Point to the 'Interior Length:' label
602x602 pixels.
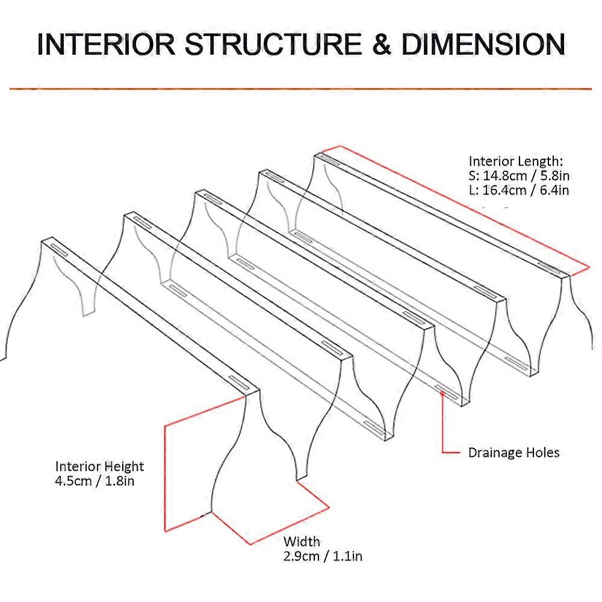(x=516, y=161)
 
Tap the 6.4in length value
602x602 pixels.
(x=553, y=190)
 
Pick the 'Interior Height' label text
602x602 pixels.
(x=99, y=467)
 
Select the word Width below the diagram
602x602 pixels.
(x=302, y=542)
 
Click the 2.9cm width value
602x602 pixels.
(x=301, y=556)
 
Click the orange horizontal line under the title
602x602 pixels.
(x=301, y=89)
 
